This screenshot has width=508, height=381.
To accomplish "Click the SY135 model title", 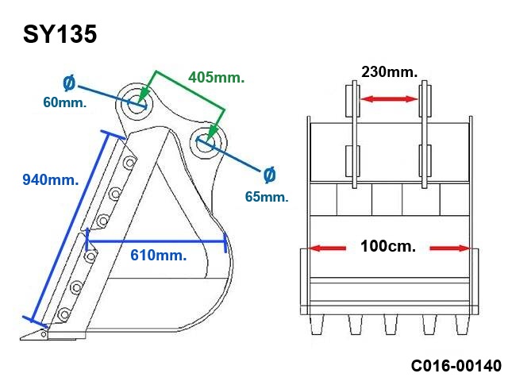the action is coord(60,34).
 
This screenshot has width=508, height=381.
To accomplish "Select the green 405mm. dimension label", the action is coord(216,78).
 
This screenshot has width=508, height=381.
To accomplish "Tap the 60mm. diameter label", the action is coord(65,102).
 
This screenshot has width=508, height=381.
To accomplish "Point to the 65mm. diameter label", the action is coord(267,197).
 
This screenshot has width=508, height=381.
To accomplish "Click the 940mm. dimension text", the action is coord(51,179).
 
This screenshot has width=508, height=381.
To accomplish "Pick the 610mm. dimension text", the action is coord(159,256).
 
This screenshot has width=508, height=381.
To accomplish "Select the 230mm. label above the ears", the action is coord(390,72).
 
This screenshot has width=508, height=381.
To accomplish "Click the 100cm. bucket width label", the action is coord(388,247).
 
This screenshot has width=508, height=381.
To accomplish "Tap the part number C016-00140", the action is coord(456,366).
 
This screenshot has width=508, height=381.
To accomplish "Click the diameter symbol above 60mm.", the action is coord(69,83).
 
